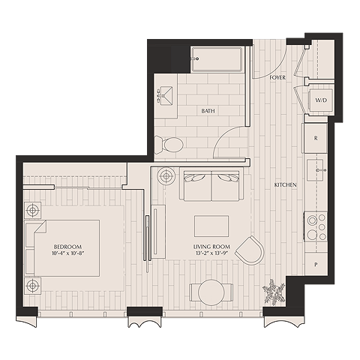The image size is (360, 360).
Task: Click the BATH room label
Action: [x=208, y=111]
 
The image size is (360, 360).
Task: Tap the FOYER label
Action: [x=277, y=77]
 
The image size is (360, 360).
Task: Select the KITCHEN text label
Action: [x=286, y=185]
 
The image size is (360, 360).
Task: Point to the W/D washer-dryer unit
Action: [x=321, y=100]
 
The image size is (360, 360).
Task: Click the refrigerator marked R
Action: [x=315, y=138]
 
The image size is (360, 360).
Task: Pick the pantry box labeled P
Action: [x=316, y=264]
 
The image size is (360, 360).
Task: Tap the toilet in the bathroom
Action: [x=169, y=145]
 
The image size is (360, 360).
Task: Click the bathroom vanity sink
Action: [x=165, y=95]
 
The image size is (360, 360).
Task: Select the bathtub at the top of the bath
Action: [x=217, y=59]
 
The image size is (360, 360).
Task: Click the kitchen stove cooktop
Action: [x=316, y=226]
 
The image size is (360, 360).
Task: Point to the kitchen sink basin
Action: [x=315, y=170]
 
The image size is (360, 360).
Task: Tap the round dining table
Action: [x=211, y=292]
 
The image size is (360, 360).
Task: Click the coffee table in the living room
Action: [x=211, y=226]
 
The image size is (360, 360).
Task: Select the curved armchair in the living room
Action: [x=250, y=250]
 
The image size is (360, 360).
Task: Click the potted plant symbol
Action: [x=274, y=292]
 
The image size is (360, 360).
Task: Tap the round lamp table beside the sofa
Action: [x=166, y=176]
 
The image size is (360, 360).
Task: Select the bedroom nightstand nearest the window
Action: [x=32, y=286]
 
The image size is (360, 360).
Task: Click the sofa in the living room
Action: [x=211, y=184]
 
